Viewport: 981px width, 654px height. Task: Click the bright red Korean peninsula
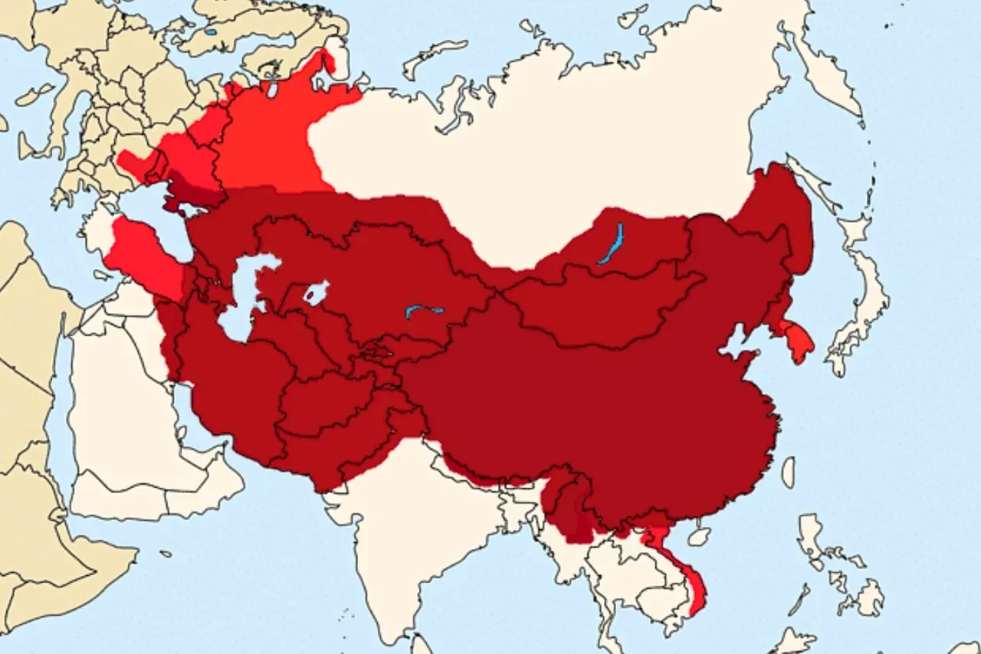click(796, 341)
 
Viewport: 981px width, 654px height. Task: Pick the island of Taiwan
click(788, 472)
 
